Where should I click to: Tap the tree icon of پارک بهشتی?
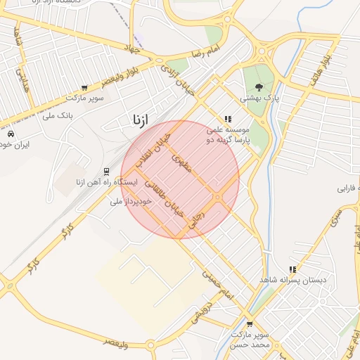pyautogui.click(x=259, y=87)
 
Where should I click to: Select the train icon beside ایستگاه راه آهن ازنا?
pyautogui.click(x=106, y=171)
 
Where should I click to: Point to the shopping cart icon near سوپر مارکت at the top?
pyautogui.click(x=84, y=88)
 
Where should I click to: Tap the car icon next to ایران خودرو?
pyautogui.click(x=10, y=133)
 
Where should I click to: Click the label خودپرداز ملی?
pyautogui.click(x=131, y=202)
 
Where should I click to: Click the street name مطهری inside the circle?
pyautogui.click(x=181, y=165)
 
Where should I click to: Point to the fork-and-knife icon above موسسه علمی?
pyautogui.click(x=227, y=120)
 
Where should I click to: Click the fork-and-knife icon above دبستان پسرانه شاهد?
pyautogui.click(x=292, y=269)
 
